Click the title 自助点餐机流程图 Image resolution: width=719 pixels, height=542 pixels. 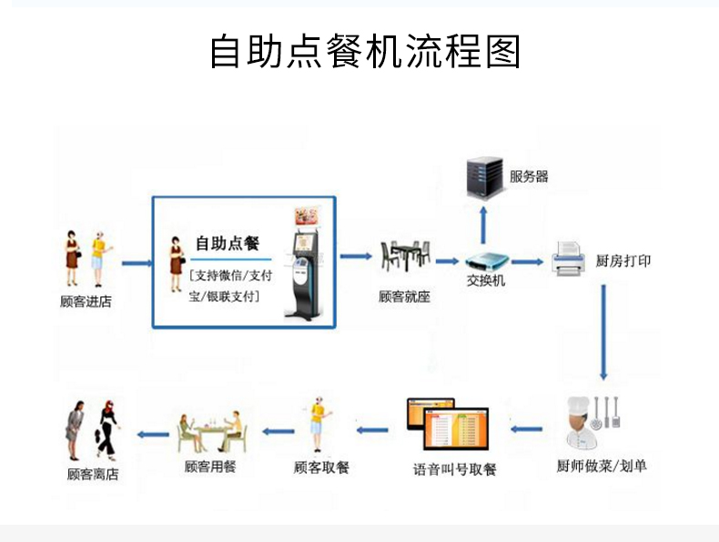(365, 52)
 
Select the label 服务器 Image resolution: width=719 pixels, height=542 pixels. (529, 176)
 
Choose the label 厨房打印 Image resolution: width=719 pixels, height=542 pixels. (623, 261)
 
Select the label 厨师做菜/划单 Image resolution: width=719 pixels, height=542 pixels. (602, 467)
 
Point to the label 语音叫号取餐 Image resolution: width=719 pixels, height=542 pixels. (454, 470)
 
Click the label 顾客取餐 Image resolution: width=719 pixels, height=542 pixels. (321, 467)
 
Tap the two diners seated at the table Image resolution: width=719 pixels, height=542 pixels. (212, 431)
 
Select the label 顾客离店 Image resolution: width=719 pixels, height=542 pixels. (92, 474)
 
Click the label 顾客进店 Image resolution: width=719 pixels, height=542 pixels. (86, 301)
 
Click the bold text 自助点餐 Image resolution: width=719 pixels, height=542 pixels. (228, 244)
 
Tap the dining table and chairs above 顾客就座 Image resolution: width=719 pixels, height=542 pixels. (403, 256)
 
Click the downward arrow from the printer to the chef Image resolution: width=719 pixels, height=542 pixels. (603, 332)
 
